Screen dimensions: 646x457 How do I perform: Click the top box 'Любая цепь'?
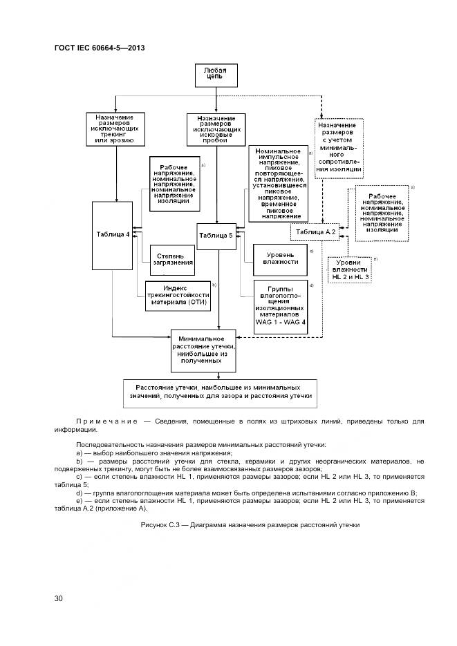[x=218, y=75]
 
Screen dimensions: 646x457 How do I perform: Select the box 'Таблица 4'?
[x=113, y=234]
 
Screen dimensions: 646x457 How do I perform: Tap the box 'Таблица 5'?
[x=216, y=236]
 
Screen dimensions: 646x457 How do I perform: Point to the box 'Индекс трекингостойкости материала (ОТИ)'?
[x=176, y=296]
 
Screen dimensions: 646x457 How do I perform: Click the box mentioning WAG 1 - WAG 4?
[x=279, y=303]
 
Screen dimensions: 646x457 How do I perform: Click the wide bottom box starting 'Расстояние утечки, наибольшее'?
[x=218, y=392]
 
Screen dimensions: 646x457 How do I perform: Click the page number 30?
[x=59, y=598]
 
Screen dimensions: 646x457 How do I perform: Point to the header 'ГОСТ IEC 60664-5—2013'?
[x=99, y=48]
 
